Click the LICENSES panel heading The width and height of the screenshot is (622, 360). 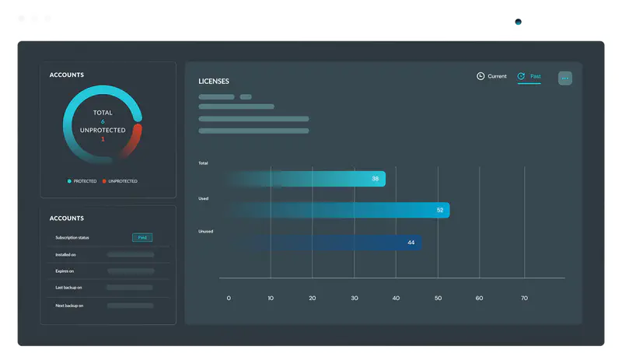click(x=214, y=81)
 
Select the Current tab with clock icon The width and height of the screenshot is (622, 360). click(x=491, y=76)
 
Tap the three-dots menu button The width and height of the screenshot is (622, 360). click(x=565, y=79)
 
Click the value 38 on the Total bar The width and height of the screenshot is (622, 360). click(x=375, y=179)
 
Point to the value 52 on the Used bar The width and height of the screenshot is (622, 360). click(x=440, y=210)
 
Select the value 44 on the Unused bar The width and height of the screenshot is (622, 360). click(x=411, y=243)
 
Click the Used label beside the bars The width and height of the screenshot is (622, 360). click(x=203, y=198)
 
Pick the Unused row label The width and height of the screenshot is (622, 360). click(x=205, y=231)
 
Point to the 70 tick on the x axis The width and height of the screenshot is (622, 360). click(x=523, y=298)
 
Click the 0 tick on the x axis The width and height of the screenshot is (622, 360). click(x=229, y=298)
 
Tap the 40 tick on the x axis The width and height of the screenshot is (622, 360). click(x=396, y=298)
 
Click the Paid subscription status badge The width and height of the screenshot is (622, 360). click(x=142, y=237)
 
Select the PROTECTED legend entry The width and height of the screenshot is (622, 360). click(x=82, y=181)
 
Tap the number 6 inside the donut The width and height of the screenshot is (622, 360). click(x=103, y=121)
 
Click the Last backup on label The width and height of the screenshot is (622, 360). click(x=68, y=288)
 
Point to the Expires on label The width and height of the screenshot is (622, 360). click(x=65, y=271)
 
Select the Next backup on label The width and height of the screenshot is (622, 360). click(x=69, y=306)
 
